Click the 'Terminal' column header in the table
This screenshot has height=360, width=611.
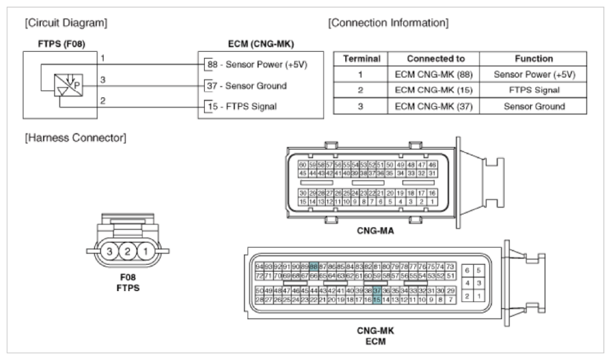359,57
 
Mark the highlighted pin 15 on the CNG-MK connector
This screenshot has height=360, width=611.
377,299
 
